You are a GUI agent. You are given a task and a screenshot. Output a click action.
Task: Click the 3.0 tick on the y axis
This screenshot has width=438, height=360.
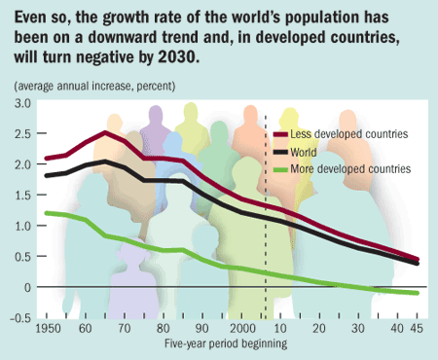22,102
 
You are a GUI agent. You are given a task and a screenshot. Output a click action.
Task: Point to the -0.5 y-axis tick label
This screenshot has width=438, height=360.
20,318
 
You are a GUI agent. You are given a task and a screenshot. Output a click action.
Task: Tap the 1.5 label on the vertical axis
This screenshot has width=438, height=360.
22,195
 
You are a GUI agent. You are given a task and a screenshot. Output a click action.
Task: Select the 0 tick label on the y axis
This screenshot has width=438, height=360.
27,287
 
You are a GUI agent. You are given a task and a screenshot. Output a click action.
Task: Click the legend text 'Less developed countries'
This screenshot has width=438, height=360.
353,133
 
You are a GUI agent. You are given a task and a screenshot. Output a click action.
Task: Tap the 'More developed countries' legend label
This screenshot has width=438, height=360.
355,168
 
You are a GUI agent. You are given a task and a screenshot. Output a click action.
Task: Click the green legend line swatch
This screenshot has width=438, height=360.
283,168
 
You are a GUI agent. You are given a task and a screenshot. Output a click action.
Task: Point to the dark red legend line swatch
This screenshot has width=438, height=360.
283,133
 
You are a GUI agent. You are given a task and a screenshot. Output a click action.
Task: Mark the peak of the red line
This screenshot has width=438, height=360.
105,132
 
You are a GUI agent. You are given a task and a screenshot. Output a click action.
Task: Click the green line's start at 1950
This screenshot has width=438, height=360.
46,213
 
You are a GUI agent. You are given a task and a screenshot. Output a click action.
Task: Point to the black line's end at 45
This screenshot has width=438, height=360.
418,263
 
